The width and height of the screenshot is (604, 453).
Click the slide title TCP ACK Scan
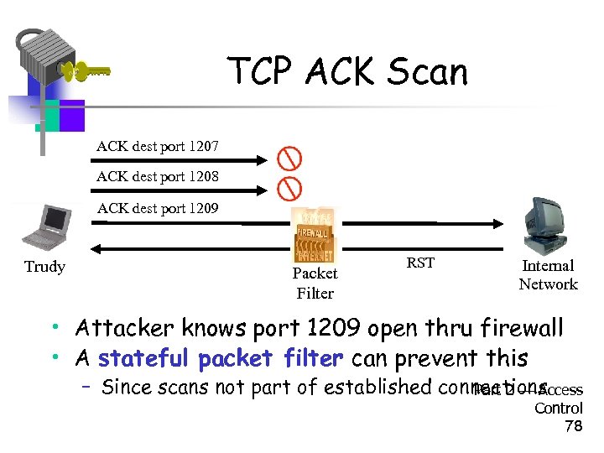[x=347, y=72]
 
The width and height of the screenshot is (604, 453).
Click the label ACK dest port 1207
[x=158, y=146]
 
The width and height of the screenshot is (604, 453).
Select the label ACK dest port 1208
[x=158, y=176]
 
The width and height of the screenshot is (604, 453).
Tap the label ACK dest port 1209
[x=158, y=207]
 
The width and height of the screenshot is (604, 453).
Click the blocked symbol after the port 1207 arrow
[x=289, y=159]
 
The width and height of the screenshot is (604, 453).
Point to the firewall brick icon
[x=315, y=235]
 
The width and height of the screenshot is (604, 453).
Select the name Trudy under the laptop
[x=44, y=267]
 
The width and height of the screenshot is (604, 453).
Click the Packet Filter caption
[x=315, y=283]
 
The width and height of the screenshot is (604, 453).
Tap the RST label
[x=420, y=263]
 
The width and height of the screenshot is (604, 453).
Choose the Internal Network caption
[x=548, y=274]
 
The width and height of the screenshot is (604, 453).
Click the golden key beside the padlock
[x=84, y=72]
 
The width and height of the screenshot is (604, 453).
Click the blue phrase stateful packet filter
[x=220, y=359]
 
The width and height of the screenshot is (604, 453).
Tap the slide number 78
[x=574, y=426]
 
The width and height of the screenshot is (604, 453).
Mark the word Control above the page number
[x=559, y=409]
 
